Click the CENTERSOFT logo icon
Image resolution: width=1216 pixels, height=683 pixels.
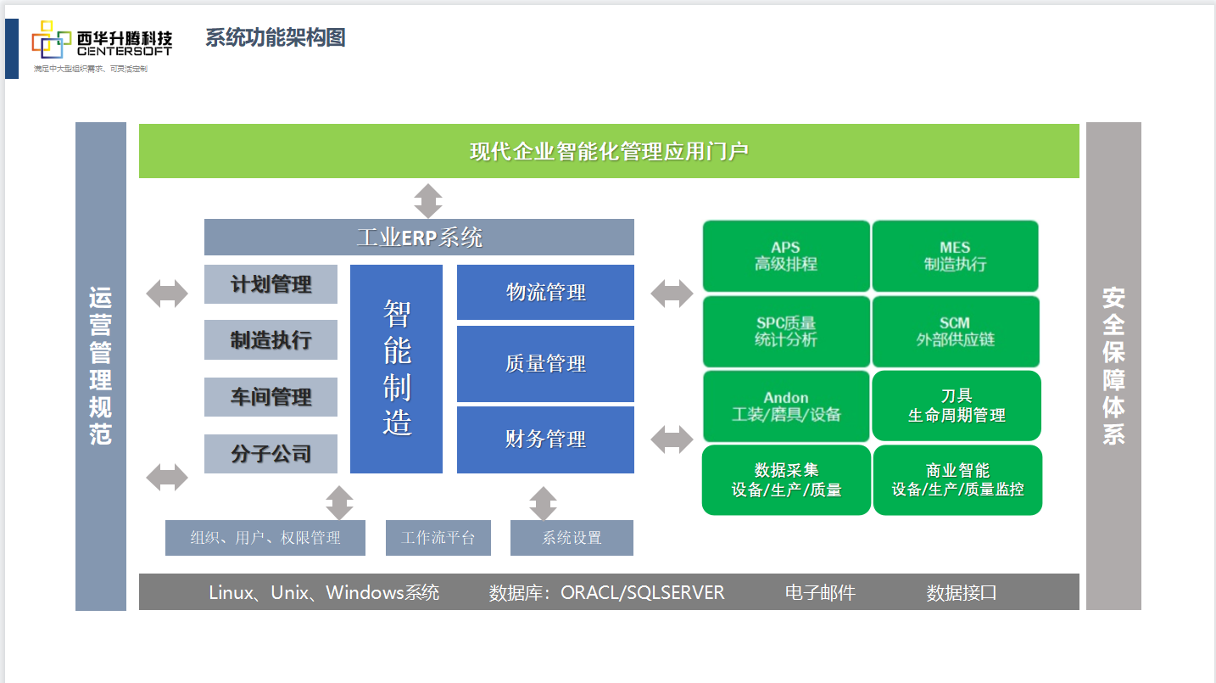51,40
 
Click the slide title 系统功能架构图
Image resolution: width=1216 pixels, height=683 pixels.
275,37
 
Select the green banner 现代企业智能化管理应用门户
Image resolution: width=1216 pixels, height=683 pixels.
609,151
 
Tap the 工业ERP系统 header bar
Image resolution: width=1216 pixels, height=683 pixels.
419,237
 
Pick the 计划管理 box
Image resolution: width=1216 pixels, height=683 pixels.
271,284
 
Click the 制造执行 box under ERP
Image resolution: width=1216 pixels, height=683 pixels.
271,340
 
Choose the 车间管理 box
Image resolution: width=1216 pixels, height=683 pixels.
271,396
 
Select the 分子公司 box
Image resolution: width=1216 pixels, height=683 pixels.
271,454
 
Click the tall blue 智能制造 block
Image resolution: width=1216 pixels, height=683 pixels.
396,369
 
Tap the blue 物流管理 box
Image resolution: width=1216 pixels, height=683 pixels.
545,293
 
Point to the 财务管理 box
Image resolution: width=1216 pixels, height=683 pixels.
545,439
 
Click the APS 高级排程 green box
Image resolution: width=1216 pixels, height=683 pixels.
786,256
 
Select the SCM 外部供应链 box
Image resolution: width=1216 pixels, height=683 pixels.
955,332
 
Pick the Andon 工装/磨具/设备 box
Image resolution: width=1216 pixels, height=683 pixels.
786,406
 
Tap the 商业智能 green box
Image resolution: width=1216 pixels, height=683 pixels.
957,480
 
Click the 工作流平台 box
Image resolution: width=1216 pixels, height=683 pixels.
438,538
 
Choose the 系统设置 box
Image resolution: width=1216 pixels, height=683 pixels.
572,538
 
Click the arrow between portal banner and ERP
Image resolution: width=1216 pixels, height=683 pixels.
428,201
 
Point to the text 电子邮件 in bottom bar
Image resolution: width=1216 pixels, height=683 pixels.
820,592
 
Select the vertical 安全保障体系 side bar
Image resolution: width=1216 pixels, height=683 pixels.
1113,366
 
